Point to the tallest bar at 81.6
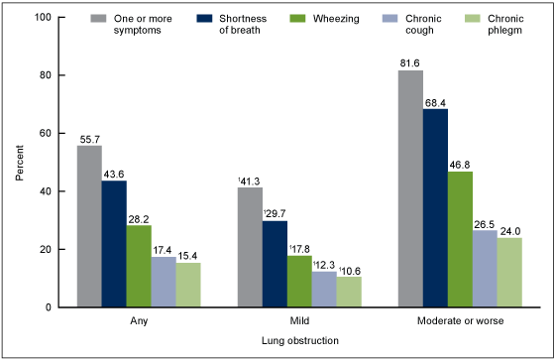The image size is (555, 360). [410, 188]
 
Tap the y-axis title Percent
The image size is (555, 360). [20, 163]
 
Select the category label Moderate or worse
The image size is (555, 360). [460, 321]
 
